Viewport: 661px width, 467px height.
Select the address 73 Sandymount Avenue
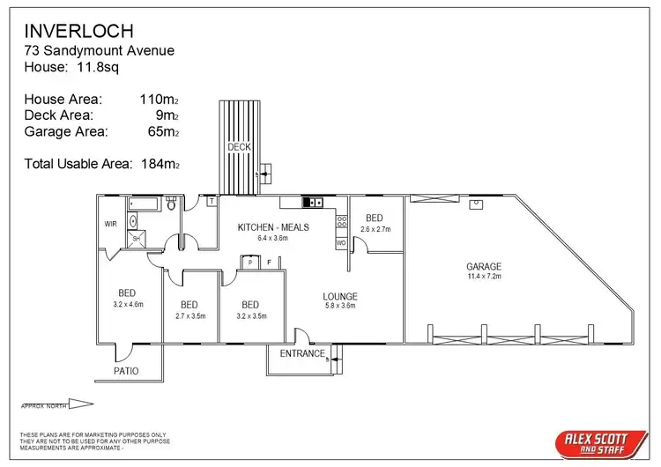pyautogui.click(x=99, y=50)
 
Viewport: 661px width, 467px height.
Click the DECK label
pyautogui.click(x=238, y=146)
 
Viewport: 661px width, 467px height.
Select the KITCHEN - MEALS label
pyautogui.click(x=273, y=227)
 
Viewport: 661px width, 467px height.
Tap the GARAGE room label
pyautogui.click(x=484, y=266)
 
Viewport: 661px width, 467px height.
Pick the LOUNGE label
pyautogui.click(x=339, y=296)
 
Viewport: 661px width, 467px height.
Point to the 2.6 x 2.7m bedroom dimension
pyautogui.click(x=375, y=229)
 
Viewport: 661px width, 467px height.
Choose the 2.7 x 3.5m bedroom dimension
pyautogui.click(x=189, y=315)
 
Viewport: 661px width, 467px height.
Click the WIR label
pyautogui.click(x=110, y=224)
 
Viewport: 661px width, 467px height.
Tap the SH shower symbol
pyautogui.click(x=137, y=239)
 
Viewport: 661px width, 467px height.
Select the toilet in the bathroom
pyautogui.click(x=172, y=204)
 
